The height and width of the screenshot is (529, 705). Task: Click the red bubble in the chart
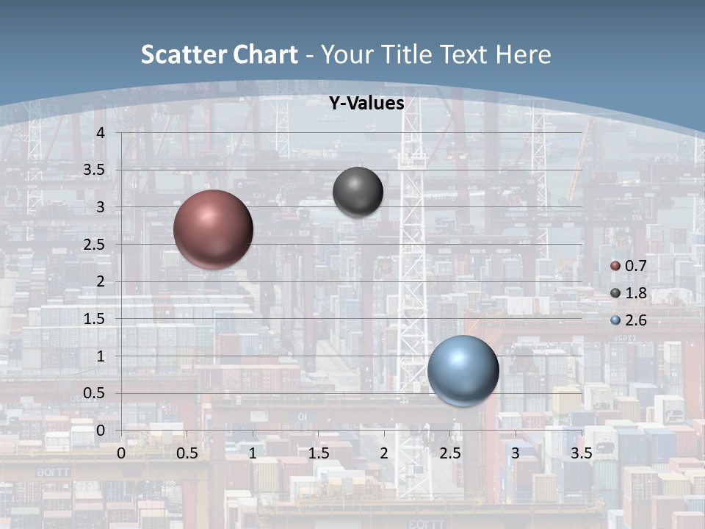point(213,229)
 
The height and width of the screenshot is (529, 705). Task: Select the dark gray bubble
point(358,192)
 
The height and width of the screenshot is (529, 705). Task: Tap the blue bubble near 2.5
point(463,371)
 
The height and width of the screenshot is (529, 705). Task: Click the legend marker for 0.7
point(615,265)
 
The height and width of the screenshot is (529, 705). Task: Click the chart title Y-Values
point(366,104)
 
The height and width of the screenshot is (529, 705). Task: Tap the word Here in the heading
point(523,54)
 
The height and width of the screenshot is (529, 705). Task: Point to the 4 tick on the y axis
point(101,133)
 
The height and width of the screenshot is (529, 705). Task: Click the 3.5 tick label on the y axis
point(93,170)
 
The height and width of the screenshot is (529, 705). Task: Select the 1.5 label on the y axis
point(93,319)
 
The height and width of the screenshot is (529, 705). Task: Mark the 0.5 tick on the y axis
point(93,393)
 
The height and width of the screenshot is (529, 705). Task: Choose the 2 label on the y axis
point(101,281)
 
